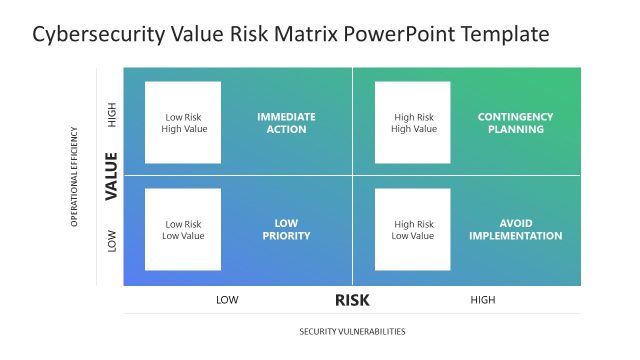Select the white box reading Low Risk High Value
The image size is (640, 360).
click(183, 122)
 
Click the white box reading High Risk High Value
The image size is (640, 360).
click(413, 122)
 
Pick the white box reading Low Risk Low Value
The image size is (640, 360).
click(183, 230)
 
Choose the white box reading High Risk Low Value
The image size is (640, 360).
click(413, 230)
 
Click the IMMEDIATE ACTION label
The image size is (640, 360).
click(286, 123)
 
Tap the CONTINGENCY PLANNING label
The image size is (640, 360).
click(515, 123)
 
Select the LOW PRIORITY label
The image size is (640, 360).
click(286, 230)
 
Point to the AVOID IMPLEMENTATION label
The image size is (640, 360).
click(515, 230)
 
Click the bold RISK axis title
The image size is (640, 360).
click(352, 299)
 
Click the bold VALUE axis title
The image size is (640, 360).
click(111, 176)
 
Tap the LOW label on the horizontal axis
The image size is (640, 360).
click(227, 299)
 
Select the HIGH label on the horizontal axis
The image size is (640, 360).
click(482, 299)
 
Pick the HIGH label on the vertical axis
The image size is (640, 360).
click(111, 116)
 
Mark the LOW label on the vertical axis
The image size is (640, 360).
click(111, 240)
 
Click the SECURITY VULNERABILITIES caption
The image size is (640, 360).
click(352, 331)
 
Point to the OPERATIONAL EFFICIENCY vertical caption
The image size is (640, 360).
click(74, 176)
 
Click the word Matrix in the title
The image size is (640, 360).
click(292, 34)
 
